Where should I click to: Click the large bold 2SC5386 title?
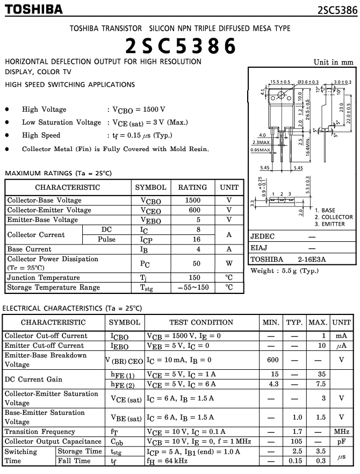(x=181, y=46)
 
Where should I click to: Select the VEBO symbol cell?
(x=150, y=220)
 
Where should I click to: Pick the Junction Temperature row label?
(x=44, y=278)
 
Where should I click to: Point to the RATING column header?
(x=192, y=188)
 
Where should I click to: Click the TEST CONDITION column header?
(x=201, y=322)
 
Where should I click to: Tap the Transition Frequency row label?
(x=40, y=432)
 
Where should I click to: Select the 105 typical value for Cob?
(x=294, y=441)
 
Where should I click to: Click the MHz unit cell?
(x=341, y=432)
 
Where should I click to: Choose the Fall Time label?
(x=74, y=461)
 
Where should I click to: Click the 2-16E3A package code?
(x=312, y=259)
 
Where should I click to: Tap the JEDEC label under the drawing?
(x=263, y=236)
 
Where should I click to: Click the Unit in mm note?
(x=334, y=62)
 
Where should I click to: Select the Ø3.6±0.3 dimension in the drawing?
(x=307, y=82)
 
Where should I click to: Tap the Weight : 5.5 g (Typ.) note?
(x=284, y=270)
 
